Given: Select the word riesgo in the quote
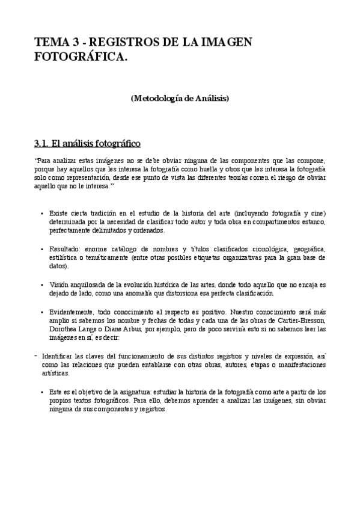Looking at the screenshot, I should coord(280,178).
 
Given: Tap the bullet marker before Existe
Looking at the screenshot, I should coord(42,214).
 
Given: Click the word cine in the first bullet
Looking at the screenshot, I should coord(317,214).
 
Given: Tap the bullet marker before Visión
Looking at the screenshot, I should coord(42,284).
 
